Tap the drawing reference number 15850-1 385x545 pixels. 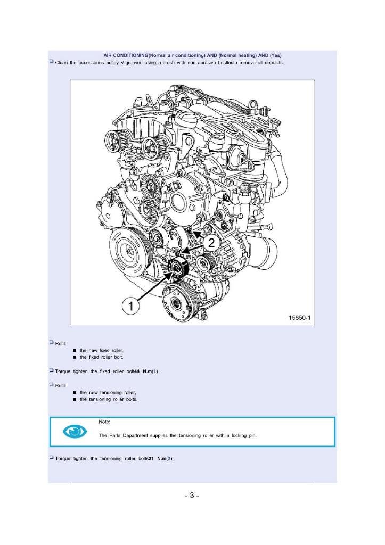coord(299,318)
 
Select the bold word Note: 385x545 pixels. coord(104,422)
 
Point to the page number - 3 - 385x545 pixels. coord(192,496)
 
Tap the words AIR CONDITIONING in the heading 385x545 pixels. coord(125,56)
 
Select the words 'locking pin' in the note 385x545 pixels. coord(244,435)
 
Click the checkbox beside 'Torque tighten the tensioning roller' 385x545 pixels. coord(51,458)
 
